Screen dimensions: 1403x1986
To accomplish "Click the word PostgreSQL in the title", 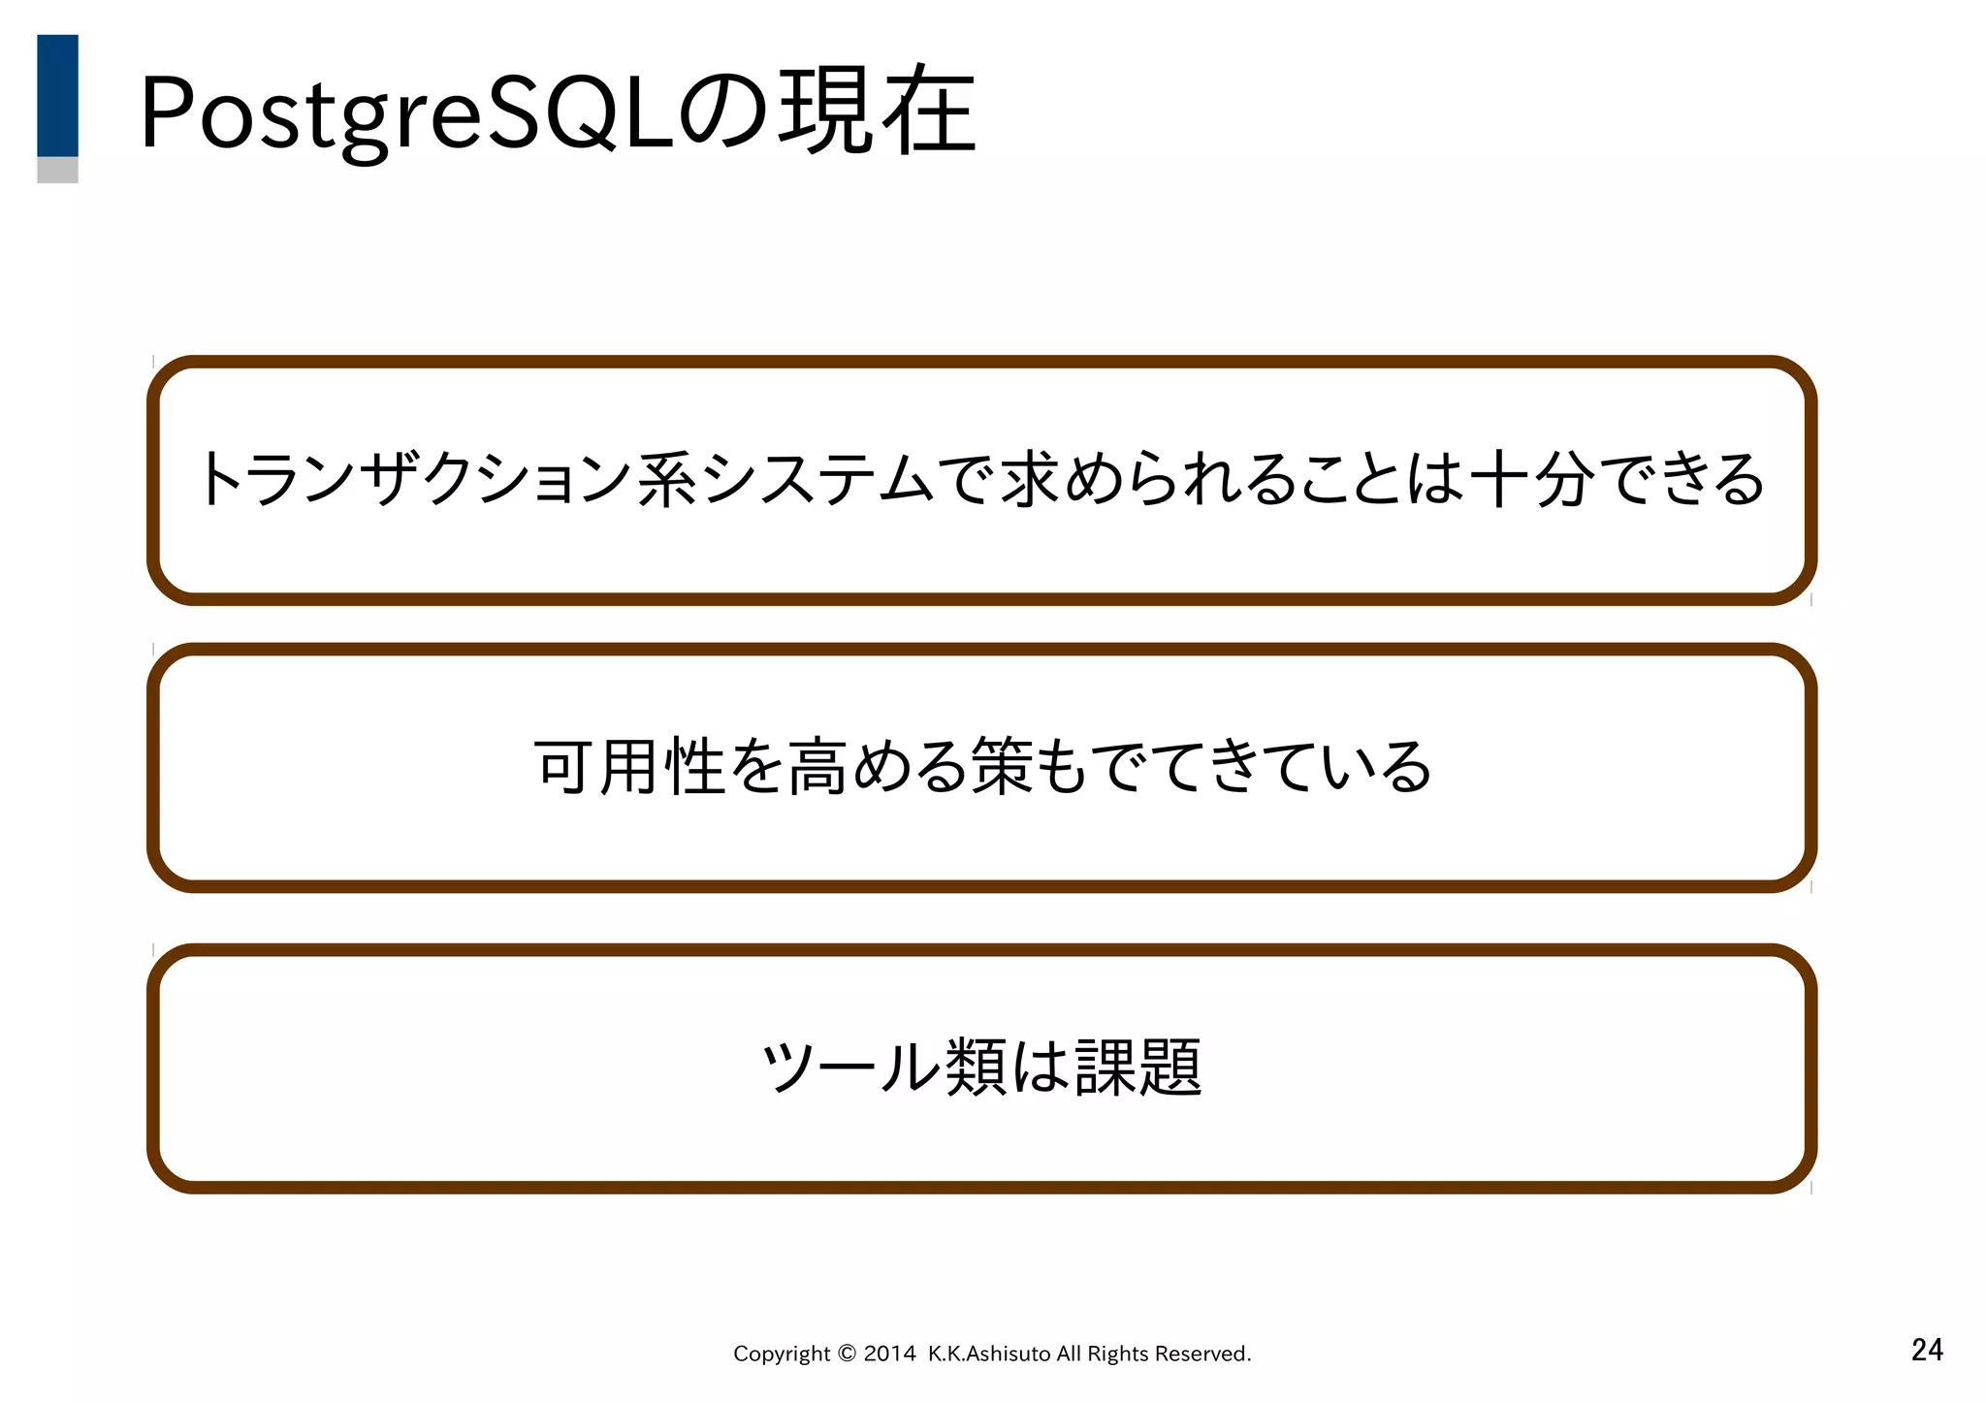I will (x=407, y=112).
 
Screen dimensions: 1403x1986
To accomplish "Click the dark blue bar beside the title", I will (x=57, y=95).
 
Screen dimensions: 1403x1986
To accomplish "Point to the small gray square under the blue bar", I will (x=57, y=171).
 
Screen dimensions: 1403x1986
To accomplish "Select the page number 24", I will (x=1926, y=1350).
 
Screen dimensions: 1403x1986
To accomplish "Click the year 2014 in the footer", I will (x=889, y=1354).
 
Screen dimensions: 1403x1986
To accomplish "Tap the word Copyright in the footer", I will (x=782, y=1354).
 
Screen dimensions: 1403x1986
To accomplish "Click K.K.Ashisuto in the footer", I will (x=989, y=1354).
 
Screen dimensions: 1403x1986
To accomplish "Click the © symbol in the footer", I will (x=846, y=1354).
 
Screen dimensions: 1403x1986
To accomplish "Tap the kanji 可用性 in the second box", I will (x=630, y=767).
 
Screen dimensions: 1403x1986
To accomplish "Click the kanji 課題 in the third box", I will (x=1138, y=1067).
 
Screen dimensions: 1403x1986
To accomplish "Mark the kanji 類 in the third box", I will (x=976, y=1067).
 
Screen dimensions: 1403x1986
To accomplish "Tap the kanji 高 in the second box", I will (x=817, y=767).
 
